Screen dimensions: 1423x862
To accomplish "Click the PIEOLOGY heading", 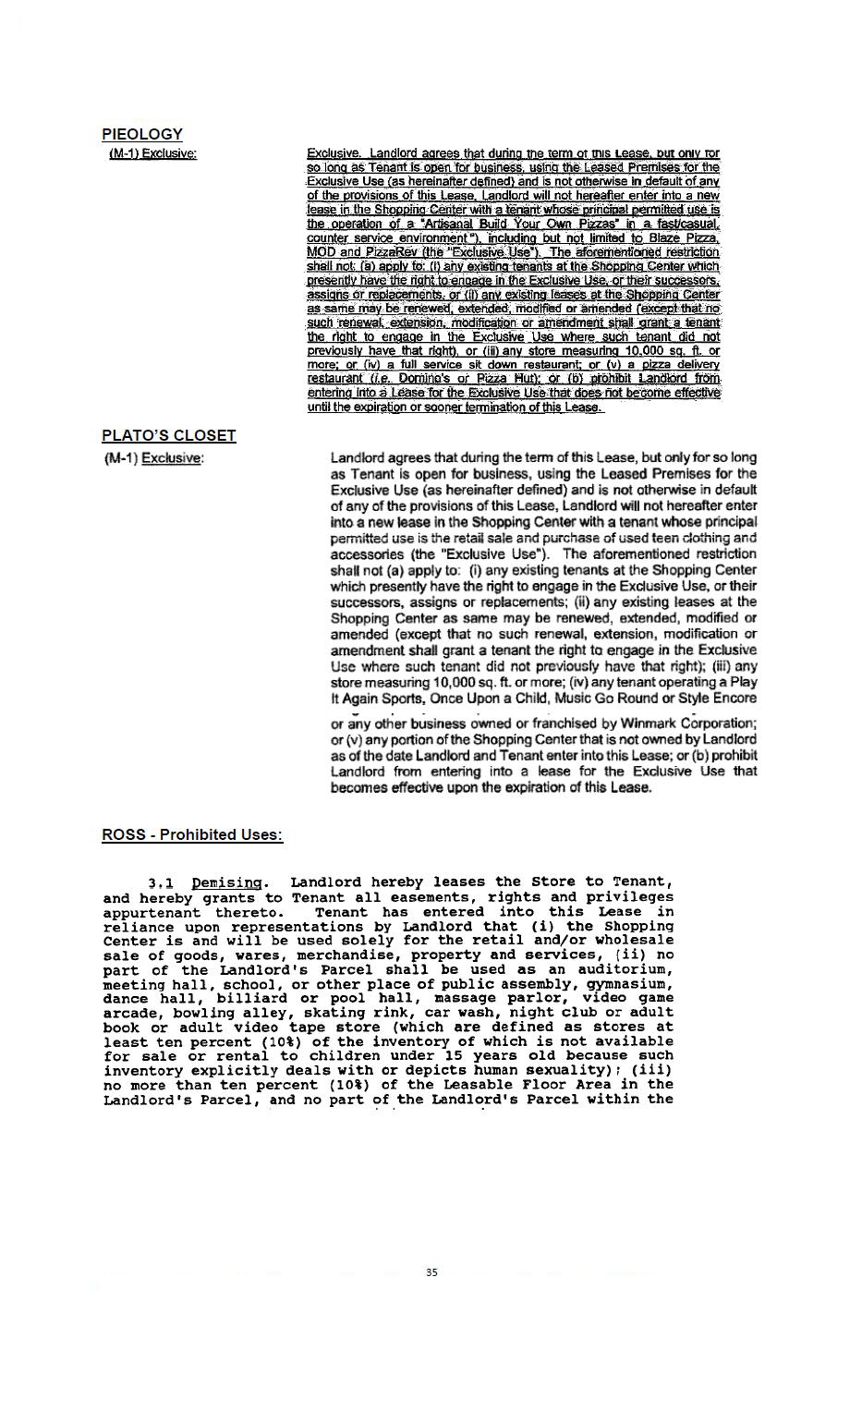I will tap(142, 134).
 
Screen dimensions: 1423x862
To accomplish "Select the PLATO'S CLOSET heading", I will tap(168, 435).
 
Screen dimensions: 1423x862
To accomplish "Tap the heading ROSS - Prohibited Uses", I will tap(191, 834).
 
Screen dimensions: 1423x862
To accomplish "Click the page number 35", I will tap(431, 1272).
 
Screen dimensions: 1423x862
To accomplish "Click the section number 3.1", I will tap(161, 882).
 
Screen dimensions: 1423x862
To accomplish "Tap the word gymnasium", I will tap(627, 984).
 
